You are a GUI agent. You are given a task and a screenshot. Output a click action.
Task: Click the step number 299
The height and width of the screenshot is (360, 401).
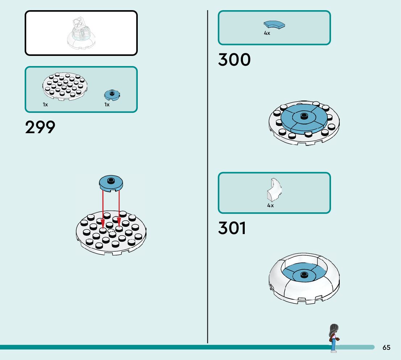coord(40,127)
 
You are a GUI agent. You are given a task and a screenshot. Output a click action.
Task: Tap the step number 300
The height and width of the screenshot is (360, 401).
coord(234,60)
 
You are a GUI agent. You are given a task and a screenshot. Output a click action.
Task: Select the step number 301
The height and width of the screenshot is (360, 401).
coord(232,228)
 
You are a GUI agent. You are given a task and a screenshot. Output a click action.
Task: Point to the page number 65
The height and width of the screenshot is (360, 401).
coord(386,348)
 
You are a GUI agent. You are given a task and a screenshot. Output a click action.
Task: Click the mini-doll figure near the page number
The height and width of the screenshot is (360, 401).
coord(333,338)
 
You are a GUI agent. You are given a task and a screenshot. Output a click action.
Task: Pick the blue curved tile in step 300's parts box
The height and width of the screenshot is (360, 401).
coord(274,25)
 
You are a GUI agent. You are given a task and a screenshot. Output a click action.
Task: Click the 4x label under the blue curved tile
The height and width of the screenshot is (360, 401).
coord(267,33)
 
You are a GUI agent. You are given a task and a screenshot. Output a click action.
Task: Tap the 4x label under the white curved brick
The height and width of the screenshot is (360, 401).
coord(270,205)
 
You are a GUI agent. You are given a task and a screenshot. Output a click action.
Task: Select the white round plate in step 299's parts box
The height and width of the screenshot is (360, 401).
coord(65,86)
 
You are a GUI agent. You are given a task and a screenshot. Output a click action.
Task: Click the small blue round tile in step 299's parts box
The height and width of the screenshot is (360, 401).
coord(112,95)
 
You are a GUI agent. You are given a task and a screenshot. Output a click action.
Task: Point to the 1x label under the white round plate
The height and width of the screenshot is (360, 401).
coord(45,105)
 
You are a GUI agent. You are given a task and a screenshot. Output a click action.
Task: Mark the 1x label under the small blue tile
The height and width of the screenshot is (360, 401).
coord(107,105)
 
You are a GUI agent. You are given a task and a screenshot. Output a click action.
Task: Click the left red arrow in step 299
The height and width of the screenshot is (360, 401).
coord(103,209)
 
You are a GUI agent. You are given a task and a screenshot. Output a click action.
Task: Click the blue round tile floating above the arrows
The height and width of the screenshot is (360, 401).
coord(111,183)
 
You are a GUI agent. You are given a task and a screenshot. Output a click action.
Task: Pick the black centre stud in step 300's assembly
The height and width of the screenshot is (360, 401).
coord(303,116)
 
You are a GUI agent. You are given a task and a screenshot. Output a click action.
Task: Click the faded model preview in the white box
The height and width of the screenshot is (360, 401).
coord(81,33)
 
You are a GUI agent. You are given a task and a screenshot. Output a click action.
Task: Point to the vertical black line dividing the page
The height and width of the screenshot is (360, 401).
coord(207,181)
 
